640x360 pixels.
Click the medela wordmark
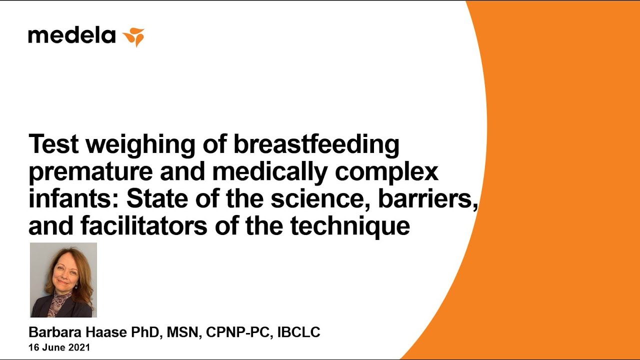(x=72, y=36)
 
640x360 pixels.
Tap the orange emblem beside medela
(x=133, y=37)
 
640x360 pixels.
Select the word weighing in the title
(x=141, y=145)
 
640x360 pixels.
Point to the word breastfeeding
(x=316, y=145)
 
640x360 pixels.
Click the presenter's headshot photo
(x=63, y=280)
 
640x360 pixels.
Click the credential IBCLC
(x=298, y=332)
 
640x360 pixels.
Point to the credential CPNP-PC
(x=238, y=332)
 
